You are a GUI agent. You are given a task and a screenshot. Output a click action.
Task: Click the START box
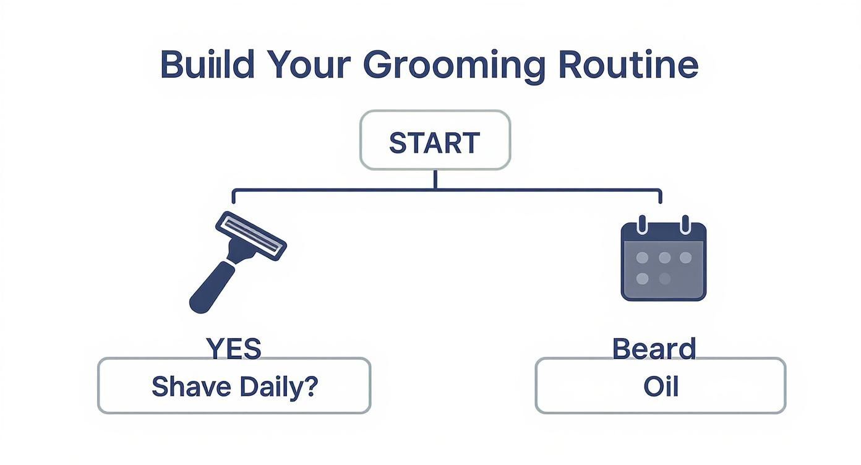(435, 140)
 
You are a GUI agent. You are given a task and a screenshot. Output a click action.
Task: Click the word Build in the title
(207, 64)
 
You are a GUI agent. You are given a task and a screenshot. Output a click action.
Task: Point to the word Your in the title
(308, 64)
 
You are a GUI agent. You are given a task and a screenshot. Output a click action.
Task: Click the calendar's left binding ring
(641, 224)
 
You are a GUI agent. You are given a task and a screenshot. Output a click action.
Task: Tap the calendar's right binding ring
(685, 224)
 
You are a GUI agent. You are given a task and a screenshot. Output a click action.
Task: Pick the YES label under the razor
(234, 349)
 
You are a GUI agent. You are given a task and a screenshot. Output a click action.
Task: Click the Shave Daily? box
(234, 386)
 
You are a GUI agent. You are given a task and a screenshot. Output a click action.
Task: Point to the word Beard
(654, 349)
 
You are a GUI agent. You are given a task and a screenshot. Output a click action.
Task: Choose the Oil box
(661, 386)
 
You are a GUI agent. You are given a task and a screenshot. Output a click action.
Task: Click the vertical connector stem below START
(435, 179)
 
